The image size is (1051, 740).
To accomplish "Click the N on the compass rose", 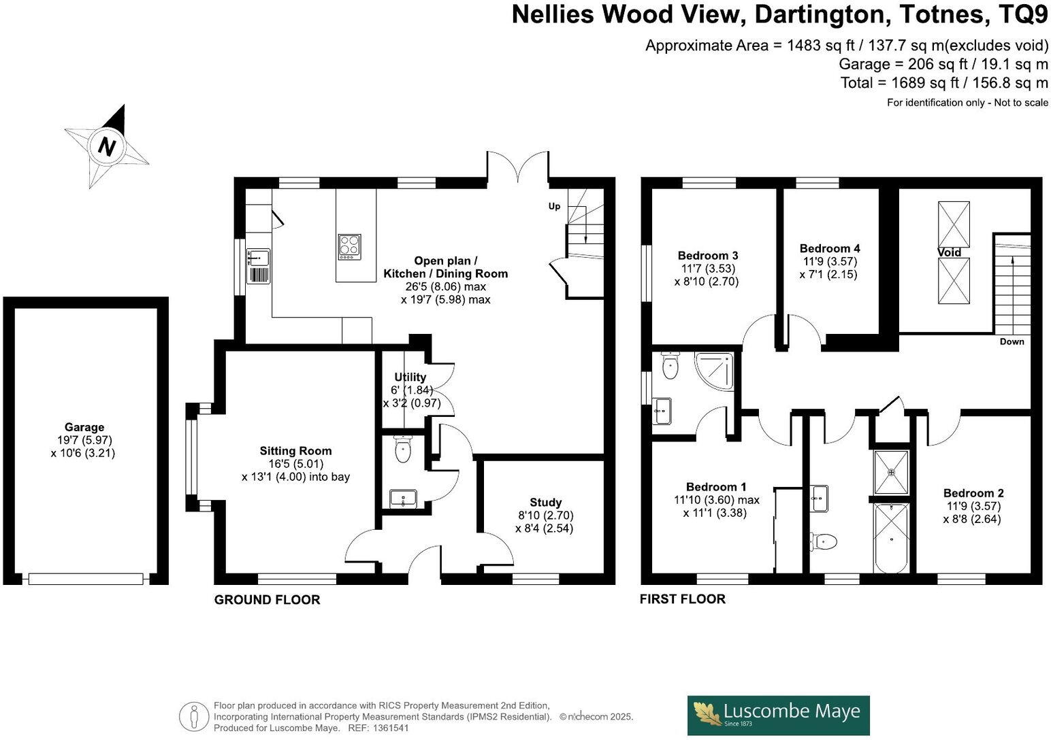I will point(106,146).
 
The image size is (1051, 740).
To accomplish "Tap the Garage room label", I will point(84,428).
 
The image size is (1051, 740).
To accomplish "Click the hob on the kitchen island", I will point(350,246).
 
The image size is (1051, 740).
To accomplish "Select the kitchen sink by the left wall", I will point(259,258).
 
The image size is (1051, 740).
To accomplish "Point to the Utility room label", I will point(410,377).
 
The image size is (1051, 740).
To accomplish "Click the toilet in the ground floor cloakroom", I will point(404,450).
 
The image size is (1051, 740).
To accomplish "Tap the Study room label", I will point(545,503).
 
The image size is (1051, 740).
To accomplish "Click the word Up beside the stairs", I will point(555,206).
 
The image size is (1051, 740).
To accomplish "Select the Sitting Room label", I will point(295,451).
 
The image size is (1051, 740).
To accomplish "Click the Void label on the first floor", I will point(949,253).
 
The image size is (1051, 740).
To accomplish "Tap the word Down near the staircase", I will point(1012,341).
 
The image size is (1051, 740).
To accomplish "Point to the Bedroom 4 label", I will point(829,249).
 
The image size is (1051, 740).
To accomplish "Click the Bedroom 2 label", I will point(973,494).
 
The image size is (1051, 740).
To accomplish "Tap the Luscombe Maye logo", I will point(778,715).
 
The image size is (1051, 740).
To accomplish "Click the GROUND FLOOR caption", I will point(267,600).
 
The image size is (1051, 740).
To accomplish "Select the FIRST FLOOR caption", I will point(682,599).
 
